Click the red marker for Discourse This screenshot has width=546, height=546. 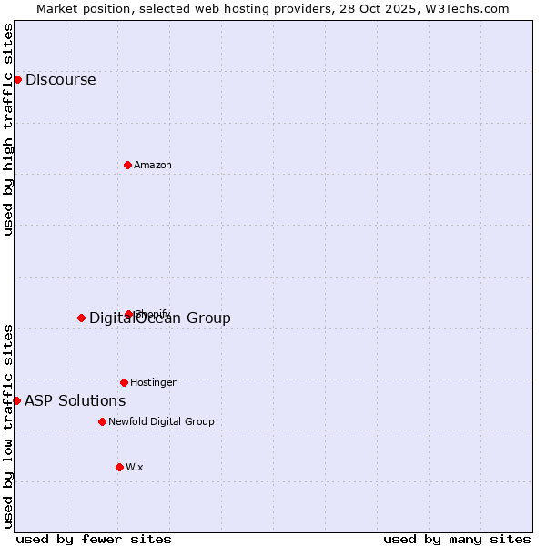click(x=17, y=79)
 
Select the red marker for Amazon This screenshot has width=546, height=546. click(x=127, y=165)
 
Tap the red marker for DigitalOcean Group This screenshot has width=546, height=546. click(x=81, y=318)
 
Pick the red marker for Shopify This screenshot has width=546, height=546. click(x=128, y=314)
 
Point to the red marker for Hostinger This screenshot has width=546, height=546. click(x=124, y=382)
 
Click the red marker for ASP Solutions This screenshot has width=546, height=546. click(x=16, y=400)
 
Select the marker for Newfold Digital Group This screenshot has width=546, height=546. click(x=102, y=421)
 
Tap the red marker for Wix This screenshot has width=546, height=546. click(x=119, y=467)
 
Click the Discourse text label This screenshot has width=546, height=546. click(x=60, y=79)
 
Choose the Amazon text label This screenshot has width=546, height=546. click(x=153, y=165)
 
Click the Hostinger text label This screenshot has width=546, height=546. click(x=153, y=382)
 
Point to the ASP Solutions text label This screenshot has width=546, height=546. click(x=75, y=400)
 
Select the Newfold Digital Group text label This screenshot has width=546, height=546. click(x=161, y=421)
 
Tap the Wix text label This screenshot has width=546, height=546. click(x=134, y=467)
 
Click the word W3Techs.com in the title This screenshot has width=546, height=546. click(x=464, y=8)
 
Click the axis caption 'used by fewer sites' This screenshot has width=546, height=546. click(x=94, y=539)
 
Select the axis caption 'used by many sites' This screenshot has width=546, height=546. click(x=457, y=539)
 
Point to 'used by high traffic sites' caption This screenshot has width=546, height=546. click(x=8, y=129)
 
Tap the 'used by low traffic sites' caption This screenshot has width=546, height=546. click(x=8, y=425)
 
